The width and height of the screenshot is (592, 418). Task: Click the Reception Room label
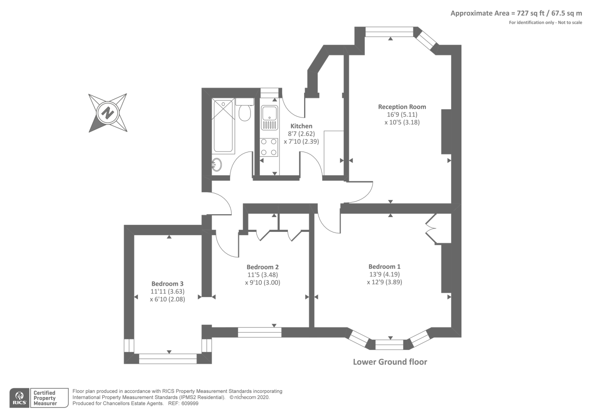[x=402, y=107]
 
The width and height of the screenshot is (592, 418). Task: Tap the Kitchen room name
[x=301, y=126]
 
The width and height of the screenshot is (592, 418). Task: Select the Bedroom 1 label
[x=384, y=267]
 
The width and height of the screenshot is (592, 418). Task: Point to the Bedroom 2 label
[x=262, y=267]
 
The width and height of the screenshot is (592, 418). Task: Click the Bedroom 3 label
[x=167, y=284]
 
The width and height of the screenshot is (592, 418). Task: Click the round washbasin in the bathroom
[x=216, y=165]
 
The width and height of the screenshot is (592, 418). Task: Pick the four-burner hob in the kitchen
[x=269, y=146]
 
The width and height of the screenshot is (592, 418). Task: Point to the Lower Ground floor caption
[x=390, y=362]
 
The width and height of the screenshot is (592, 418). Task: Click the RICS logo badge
[x=20, y=398]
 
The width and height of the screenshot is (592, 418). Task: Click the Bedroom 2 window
[x=259, y=332]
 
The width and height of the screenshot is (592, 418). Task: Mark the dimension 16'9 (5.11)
[x=402, y=115]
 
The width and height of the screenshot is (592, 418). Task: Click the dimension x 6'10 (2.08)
[x=167, y=299]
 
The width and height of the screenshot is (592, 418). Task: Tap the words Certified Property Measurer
[x=45, y=398]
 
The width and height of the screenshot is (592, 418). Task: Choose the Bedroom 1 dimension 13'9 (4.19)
[x=384, y=274]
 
